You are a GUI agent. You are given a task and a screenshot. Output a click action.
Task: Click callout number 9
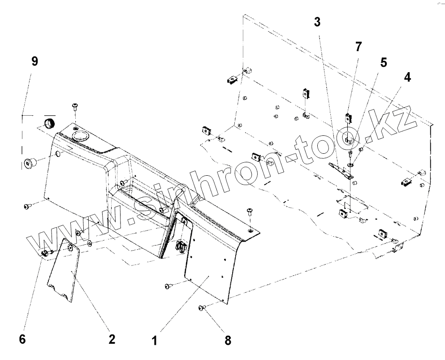pos(35,62)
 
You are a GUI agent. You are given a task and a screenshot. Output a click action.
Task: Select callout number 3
pos(317,22)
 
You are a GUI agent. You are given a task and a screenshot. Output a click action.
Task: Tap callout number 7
pos(358,46)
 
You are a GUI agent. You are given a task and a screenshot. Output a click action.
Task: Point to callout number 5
pos(383,62)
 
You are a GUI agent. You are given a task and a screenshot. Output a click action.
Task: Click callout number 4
pos(406,77)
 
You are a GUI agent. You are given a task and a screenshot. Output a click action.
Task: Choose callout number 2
pos(112,339)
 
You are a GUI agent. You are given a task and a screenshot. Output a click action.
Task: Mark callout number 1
pos(154,341)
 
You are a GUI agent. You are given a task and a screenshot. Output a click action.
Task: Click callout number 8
pos(228,340)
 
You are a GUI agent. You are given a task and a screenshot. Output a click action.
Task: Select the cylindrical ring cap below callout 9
pos(48,123)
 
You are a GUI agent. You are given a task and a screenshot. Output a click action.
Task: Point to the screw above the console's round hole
pos(74,106)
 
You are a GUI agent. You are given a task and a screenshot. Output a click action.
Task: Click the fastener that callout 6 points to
pos(45,253)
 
